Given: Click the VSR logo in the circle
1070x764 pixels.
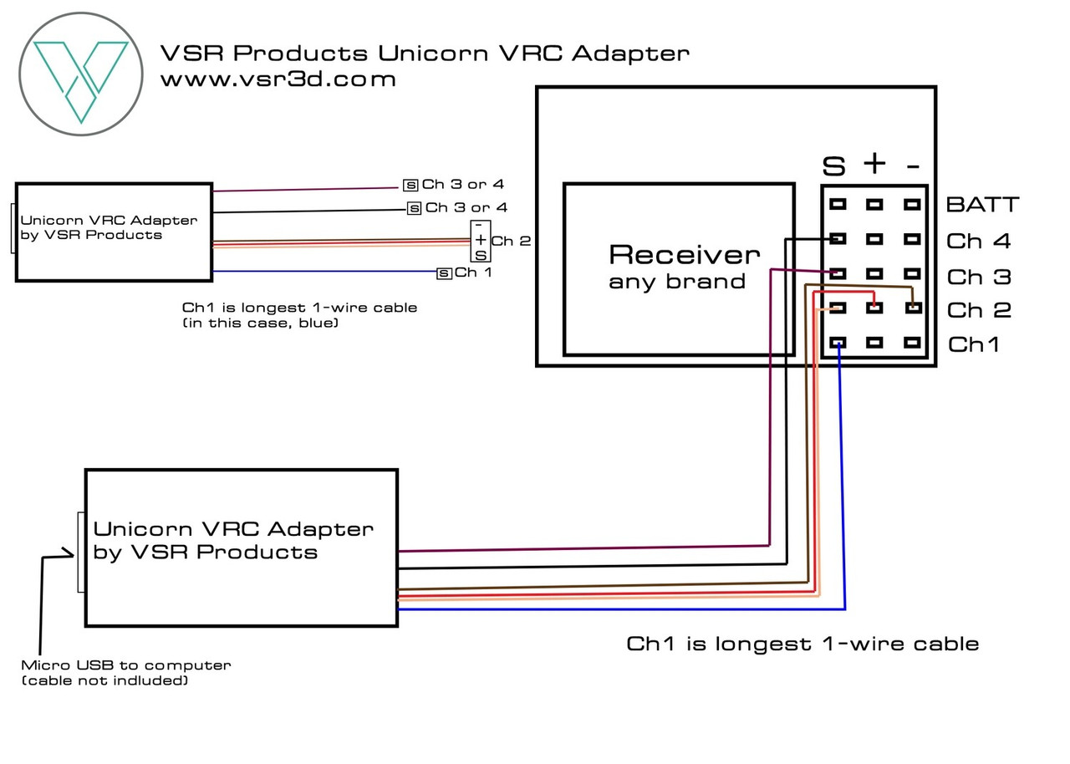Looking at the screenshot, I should pyautogui.click(x=81, y=73).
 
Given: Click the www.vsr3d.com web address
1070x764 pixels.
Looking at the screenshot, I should pyautogui.click(x=278, y=80).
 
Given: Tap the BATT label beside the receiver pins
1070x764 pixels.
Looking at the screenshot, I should pyautogui.click(x=982, y=205).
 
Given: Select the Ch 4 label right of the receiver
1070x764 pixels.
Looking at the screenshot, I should pyautogui.click(x=978, y=242).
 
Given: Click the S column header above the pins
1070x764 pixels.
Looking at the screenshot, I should pyautogui.click(x=833, y=166).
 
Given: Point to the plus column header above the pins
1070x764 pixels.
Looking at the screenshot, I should pyautogui.click(x=874, y=164).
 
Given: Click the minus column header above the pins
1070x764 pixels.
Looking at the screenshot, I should pyautogui.click(x=913, y=165).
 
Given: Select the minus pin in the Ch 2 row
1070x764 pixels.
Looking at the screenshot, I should pyautogui.click(x=913, y=308).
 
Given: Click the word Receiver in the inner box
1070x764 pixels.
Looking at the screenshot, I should pyautogui.click(x=684, y=254).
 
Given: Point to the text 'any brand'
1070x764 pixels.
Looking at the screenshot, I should pyautogui.click(x=676, y=282).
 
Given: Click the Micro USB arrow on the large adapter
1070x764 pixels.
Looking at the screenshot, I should pyautogui.click(x=59, y=553).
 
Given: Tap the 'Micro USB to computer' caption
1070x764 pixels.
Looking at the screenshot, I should pyautogui.click(x=126, y=665).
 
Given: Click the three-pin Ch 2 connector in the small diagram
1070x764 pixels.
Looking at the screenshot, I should pyautogui.click(x=480, y=241).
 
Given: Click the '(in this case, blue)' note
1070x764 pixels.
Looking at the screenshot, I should pyautogui.click(x=260, y=323).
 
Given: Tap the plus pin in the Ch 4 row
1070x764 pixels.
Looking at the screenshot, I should pyautogui.click(x=874, y=239).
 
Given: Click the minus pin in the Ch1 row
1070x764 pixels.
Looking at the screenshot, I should pyautogui.click(x=913, y=343).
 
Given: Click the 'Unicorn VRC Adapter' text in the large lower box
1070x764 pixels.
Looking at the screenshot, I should pyautogui.click(x=233, y=529).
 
